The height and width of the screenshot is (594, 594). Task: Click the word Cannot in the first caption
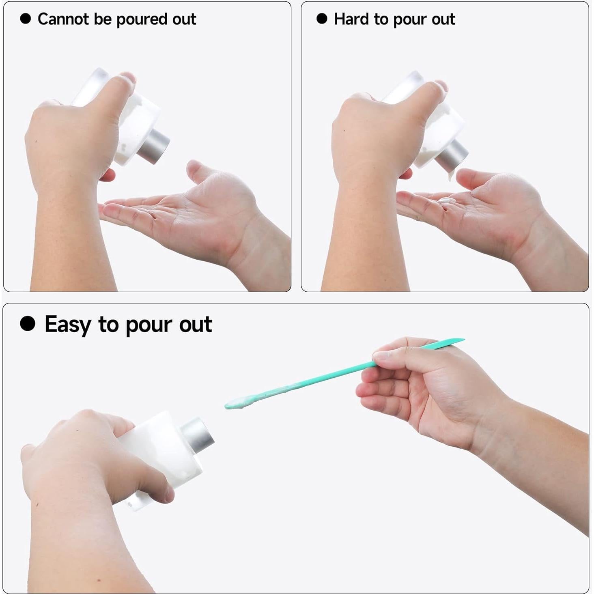coord(63,19)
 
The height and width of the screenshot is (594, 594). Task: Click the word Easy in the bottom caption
coord(68,325)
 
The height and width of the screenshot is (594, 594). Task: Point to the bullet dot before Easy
coord(28,324)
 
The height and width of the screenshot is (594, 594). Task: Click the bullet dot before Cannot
coord(26,19)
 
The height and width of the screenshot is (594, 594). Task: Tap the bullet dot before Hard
coord(322,19)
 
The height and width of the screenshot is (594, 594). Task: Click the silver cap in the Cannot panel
coord(153,147)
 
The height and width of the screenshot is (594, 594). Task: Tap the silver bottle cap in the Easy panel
coord(198,435)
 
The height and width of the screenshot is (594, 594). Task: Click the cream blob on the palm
coord(445,201)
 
